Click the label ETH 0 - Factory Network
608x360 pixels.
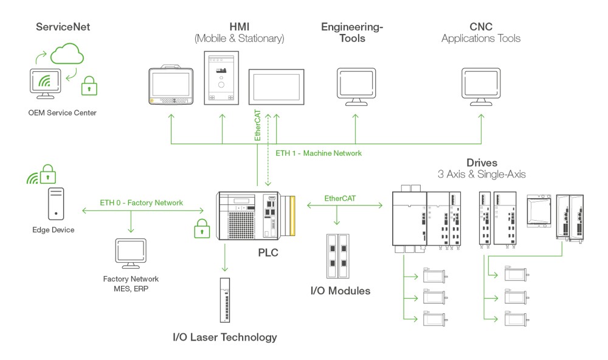pos(140,202)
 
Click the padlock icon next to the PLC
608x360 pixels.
pos(202,230)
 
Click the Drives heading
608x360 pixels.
pos(482,163)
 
